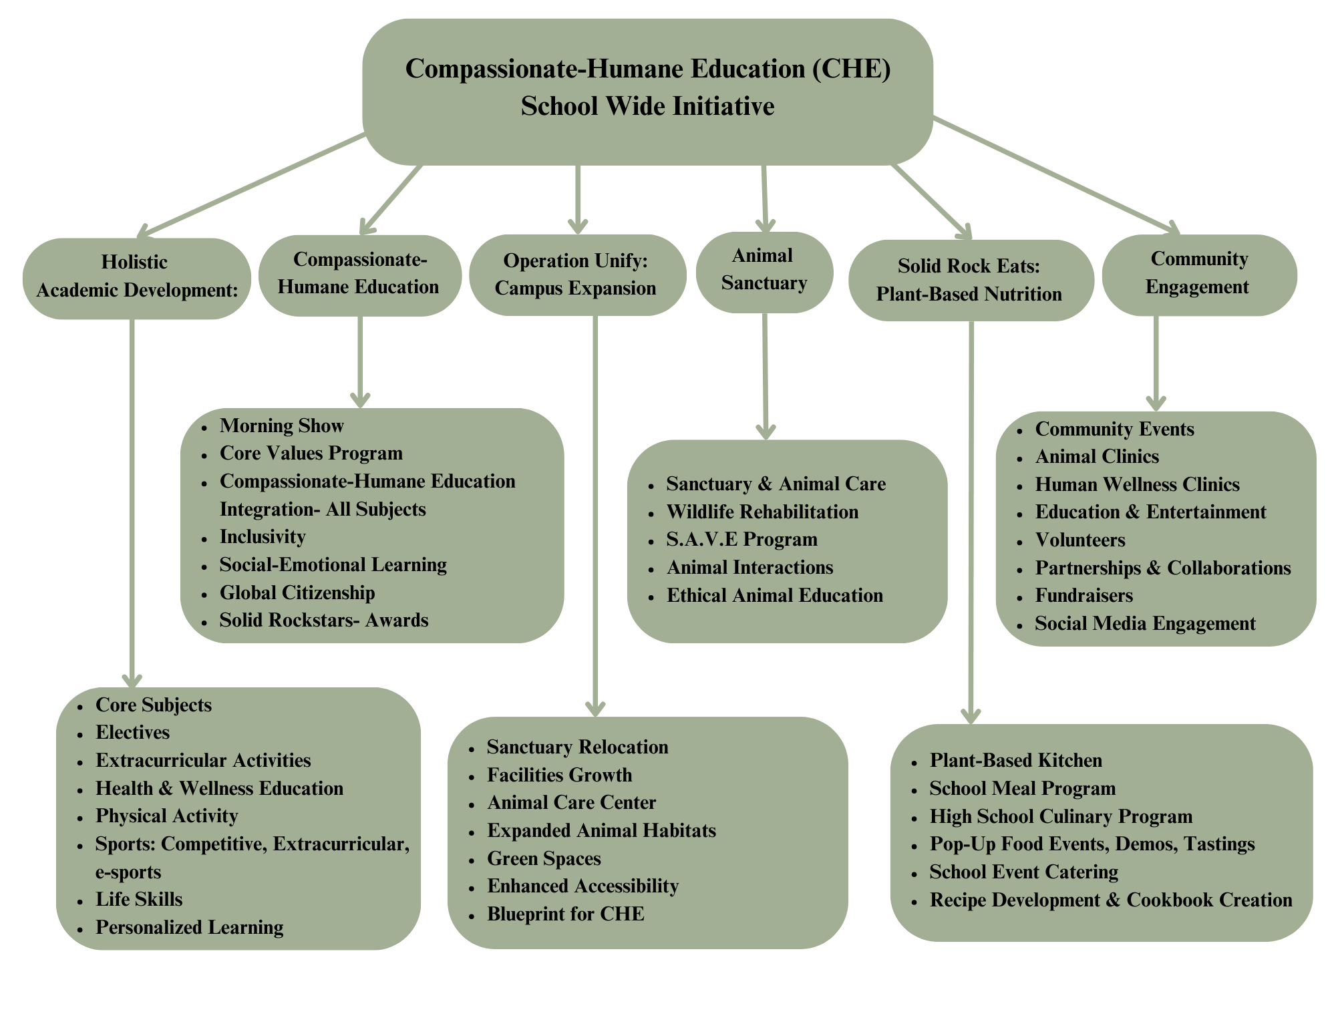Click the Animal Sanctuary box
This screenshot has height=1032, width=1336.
pos(764,272)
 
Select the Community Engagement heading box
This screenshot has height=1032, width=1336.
pos(1199,275)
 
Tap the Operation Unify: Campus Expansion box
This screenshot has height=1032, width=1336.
pos(577,275)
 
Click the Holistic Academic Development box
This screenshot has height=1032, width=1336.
pos(137,279)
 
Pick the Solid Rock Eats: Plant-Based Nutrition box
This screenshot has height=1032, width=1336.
pos(971,281)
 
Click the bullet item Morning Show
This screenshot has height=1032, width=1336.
pos(281,425)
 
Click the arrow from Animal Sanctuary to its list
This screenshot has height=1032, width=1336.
pos(766,376)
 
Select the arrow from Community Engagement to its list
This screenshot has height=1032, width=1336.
pos(1156,363)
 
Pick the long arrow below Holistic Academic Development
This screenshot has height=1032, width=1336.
pos(132,503)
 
